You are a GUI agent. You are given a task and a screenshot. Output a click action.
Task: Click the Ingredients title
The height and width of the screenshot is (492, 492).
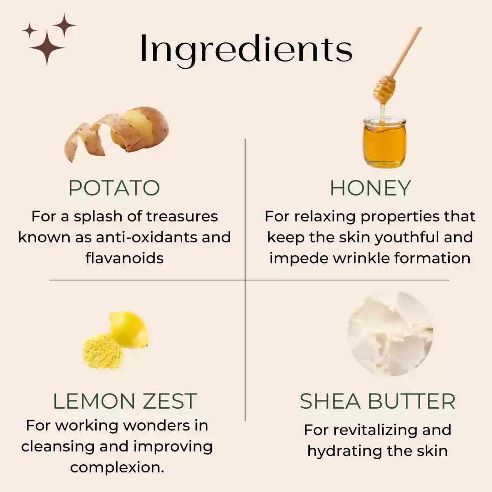[246, 49]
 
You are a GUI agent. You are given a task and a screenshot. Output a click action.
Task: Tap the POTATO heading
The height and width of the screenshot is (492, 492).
[114, 188]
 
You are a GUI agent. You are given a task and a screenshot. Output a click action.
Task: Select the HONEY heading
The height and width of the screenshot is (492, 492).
[370, 188]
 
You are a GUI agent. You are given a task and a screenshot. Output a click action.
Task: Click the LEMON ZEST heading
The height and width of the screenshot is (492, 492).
[124, 401]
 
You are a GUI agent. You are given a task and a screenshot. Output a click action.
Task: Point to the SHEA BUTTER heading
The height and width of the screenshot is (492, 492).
[378, 401]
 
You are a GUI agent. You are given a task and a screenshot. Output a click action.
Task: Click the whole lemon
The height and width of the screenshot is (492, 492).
[129, 329]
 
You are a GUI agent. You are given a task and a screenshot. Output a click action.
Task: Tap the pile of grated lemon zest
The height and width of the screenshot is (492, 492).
[103, 351]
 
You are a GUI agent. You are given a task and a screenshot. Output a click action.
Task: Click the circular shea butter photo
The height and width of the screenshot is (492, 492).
[390, 333]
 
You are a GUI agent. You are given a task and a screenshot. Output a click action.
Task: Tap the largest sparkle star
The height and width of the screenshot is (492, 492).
[47, 48]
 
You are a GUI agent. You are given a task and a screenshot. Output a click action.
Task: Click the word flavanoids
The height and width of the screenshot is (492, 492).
[124, 258]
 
